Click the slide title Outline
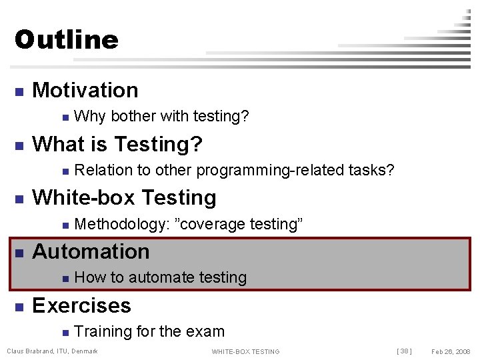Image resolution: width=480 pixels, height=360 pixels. (66, 40)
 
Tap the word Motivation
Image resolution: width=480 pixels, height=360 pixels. (85, 90)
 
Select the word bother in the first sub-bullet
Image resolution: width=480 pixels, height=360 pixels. (131, 117)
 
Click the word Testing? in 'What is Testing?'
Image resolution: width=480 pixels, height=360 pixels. (159, 144)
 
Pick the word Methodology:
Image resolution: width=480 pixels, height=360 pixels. (121, 225)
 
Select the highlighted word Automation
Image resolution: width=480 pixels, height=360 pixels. (91, 251)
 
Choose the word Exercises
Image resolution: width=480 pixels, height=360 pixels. (81, 305)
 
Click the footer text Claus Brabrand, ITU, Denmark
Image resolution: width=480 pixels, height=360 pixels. (52, 351)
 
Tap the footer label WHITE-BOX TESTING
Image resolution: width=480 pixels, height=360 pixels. (245, 352)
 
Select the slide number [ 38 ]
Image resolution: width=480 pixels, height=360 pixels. (405, 351)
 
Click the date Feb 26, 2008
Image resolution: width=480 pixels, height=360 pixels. (451, 351)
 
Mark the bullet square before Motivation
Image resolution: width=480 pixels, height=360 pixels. (19, 91)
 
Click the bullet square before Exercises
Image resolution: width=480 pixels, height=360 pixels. (19, 307)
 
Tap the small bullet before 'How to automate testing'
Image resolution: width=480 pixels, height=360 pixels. (64, 279)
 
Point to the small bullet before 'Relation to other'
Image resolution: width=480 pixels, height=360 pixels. (64, 171)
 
